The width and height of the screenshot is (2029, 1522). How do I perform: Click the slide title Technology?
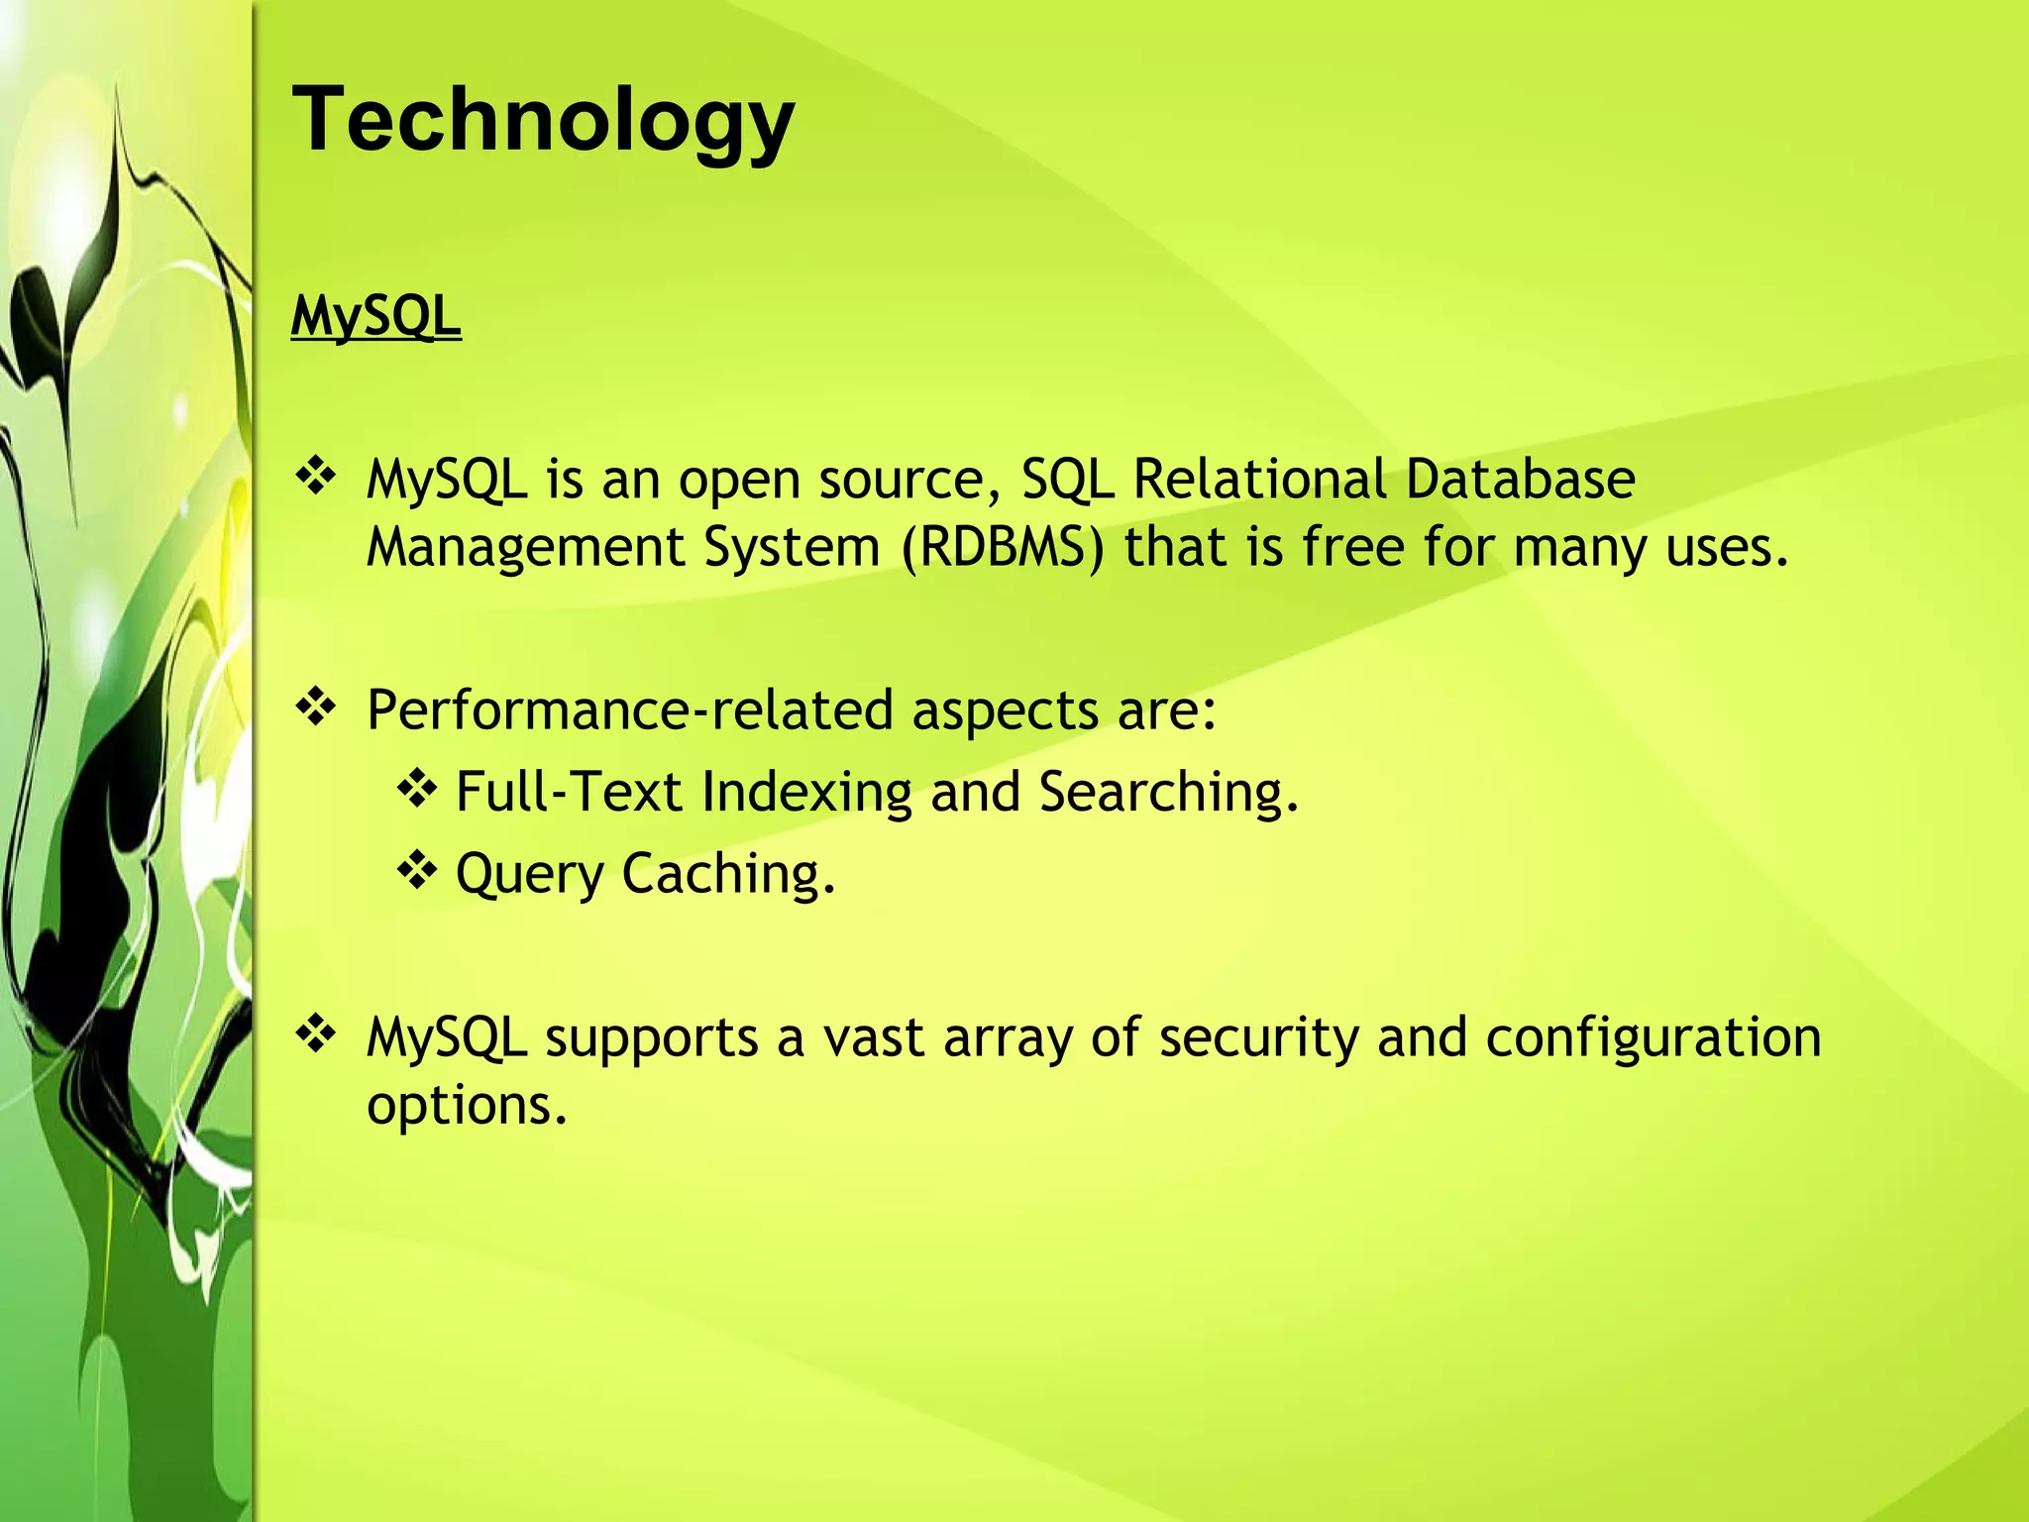click(x=543, y=119)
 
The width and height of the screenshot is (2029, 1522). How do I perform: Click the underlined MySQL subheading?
click(x=375, y=316)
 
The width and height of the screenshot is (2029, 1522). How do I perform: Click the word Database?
click(x=1520, y=479)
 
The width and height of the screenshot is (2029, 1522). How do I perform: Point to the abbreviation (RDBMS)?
click(x=1002, y=547)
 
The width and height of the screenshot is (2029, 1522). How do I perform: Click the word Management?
click(x=525, y=547)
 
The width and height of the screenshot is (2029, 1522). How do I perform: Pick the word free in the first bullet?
click(x=1352, y=547)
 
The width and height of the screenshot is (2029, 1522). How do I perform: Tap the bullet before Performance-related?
click(x=316, y=707)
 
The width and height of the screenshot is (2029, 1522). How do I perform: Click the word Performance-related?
click(x=629, y=710)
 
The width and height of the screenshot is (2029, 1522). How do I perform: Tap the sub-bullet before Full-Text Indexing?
click(x=417, y=790)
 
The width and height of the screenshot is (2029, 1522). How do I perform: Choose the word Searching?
click(x=1167, y=793)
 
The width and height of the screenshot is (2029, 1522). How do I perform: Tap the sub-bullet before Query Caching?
click(x=417, y=871)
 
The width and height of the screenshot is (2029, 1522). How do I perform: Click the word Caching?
click(x=727, y=874)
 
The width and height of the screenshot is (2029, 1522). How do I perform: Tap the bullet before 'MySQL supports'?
click(x=316, y=1034)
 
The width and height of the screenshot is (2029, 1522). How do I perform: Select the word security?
click(x=1258, y=1038)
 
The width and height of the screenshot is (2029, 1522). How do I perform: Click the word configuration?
click(x=1653, y=1038)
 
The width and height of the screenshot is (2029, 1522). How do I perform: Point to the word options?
click(x=466, y=1105)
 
